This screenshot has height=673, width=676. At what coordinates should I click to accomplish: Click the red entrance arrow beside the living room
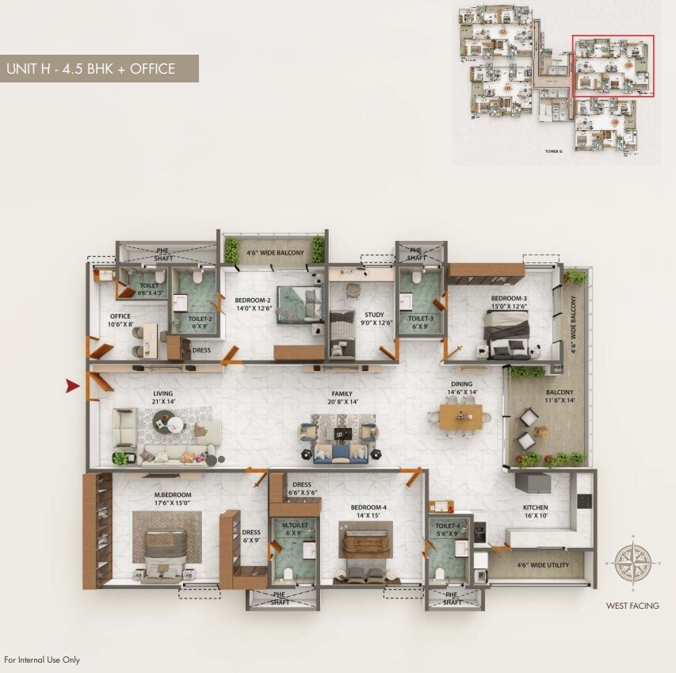[x=72, y=386]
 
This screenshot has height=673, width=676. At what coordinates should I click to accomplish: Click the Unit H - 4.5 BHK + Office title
[x=90, y=69]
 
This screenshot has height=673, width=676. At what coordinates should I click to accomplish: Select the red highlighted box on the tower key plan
[x=613, y=67]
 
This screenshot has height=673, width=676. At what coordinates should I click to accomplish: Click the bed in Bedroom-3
[x=507, y=331]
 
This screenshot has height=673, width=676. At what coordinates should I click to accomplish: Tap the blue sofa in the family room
[x=341, y=454]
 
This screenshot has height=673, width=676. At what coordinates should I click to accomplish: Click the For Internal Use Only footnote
[x=42, y=660]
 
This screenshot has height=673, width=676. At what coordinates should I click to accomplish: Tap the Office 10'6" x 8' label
[x=120, y=319]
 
